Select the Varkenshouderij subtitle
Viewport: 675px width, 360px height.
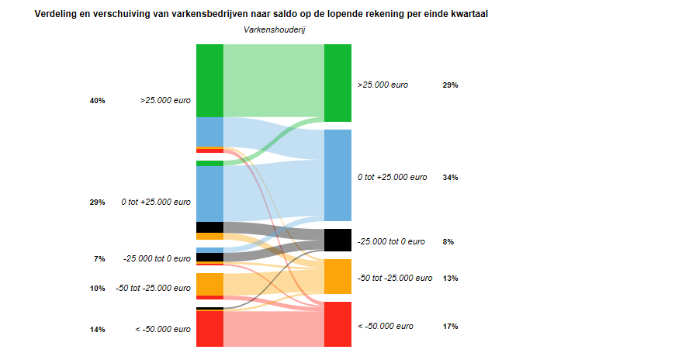274,29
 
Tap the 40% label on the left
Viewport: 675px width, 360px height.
97,101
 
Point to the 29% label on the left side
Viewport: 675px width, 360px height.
97,202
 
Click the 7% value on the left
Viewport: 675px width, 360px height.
99,259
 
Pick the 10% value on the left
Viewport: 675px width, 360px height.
97,289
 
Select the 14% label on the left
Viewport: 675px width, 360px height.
97,330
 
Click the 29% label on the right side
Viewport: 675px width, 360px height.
450,85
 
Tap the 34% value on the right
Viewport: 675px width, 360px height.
450,178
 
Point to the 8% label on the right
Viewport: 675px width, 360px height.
448,242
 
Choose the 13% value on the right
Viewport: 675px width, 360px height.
450,278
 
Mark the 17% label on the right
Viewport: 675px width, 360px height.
450,327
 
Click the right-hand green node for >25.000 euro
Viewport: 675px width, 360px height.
337,83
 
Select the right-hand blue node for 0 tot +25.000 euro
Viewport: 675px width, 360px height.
337,175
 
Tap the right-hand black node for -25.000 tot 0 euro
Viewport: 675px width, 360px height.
337,240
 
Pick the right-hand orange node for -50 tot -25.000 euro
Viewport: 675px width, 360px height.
337,276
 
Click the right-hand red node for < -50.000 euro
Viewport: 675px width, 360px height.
337,324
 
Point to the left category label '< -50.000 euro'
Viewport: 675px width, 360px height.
163,330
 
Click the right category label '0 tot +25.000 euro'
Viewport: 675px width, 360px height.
392,178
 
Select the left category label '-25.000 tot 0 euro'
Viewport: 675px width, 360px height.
157,259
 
